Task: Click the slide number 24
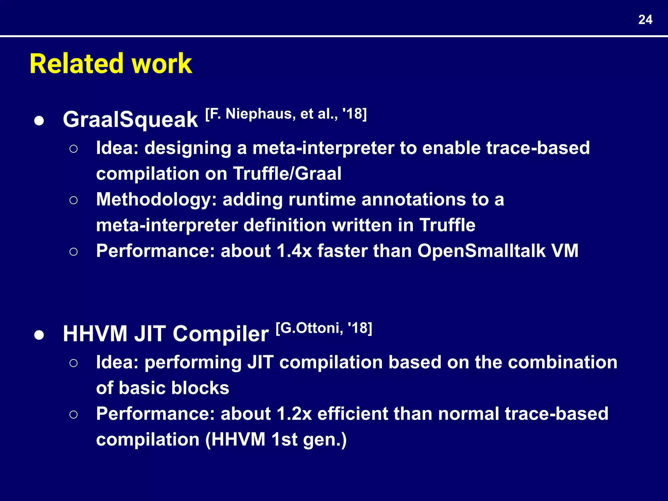click(645, 20)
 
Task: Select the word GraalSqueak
click(130, 120)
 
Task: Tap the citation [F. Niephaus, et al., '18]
click(286, 114)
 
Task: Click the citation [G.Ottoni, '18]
click(324, 328)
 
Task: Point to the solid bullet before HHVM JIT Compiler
click(39, 335)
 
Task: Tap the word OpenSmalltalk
click(481, 251)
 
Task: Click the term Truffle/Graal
click(287, 174)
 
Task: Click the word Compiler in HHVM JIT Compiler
click(220, 334)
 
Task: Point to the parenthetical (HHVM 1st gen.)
click(276, 440)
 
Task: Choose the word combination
click(562, 362)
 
